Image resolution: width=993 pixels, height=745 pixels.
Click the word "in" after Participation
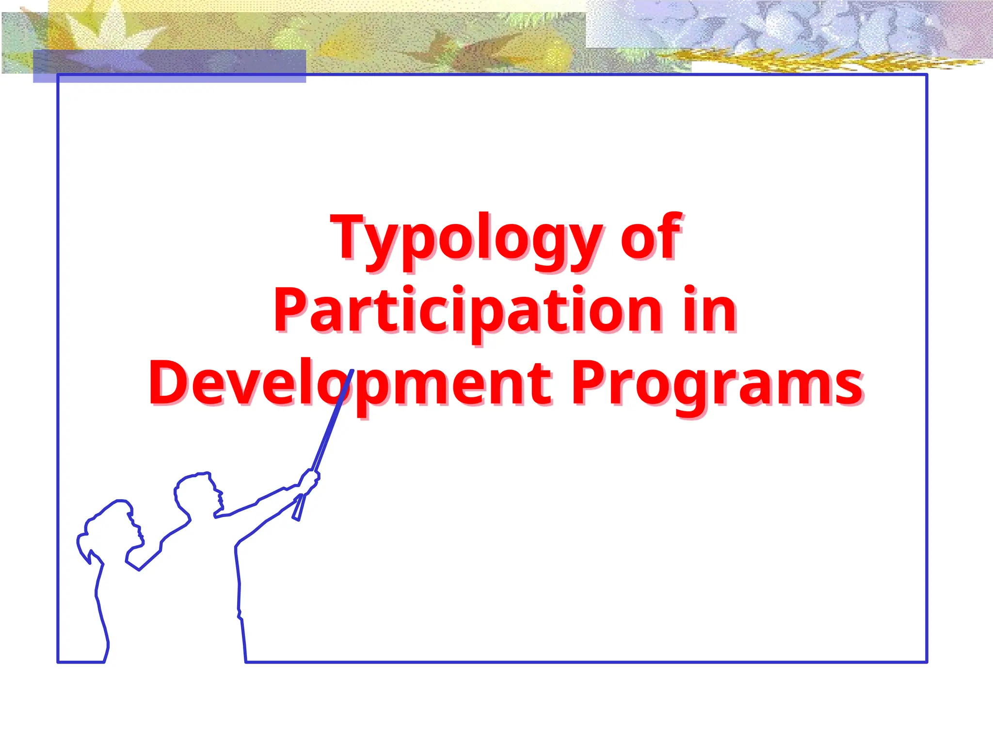[710, 310]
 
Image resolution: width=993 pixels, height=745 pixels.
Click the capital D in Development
[167, 382]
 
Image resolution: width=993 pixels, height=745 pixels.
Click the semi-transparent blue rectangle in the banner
[169, 65]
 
